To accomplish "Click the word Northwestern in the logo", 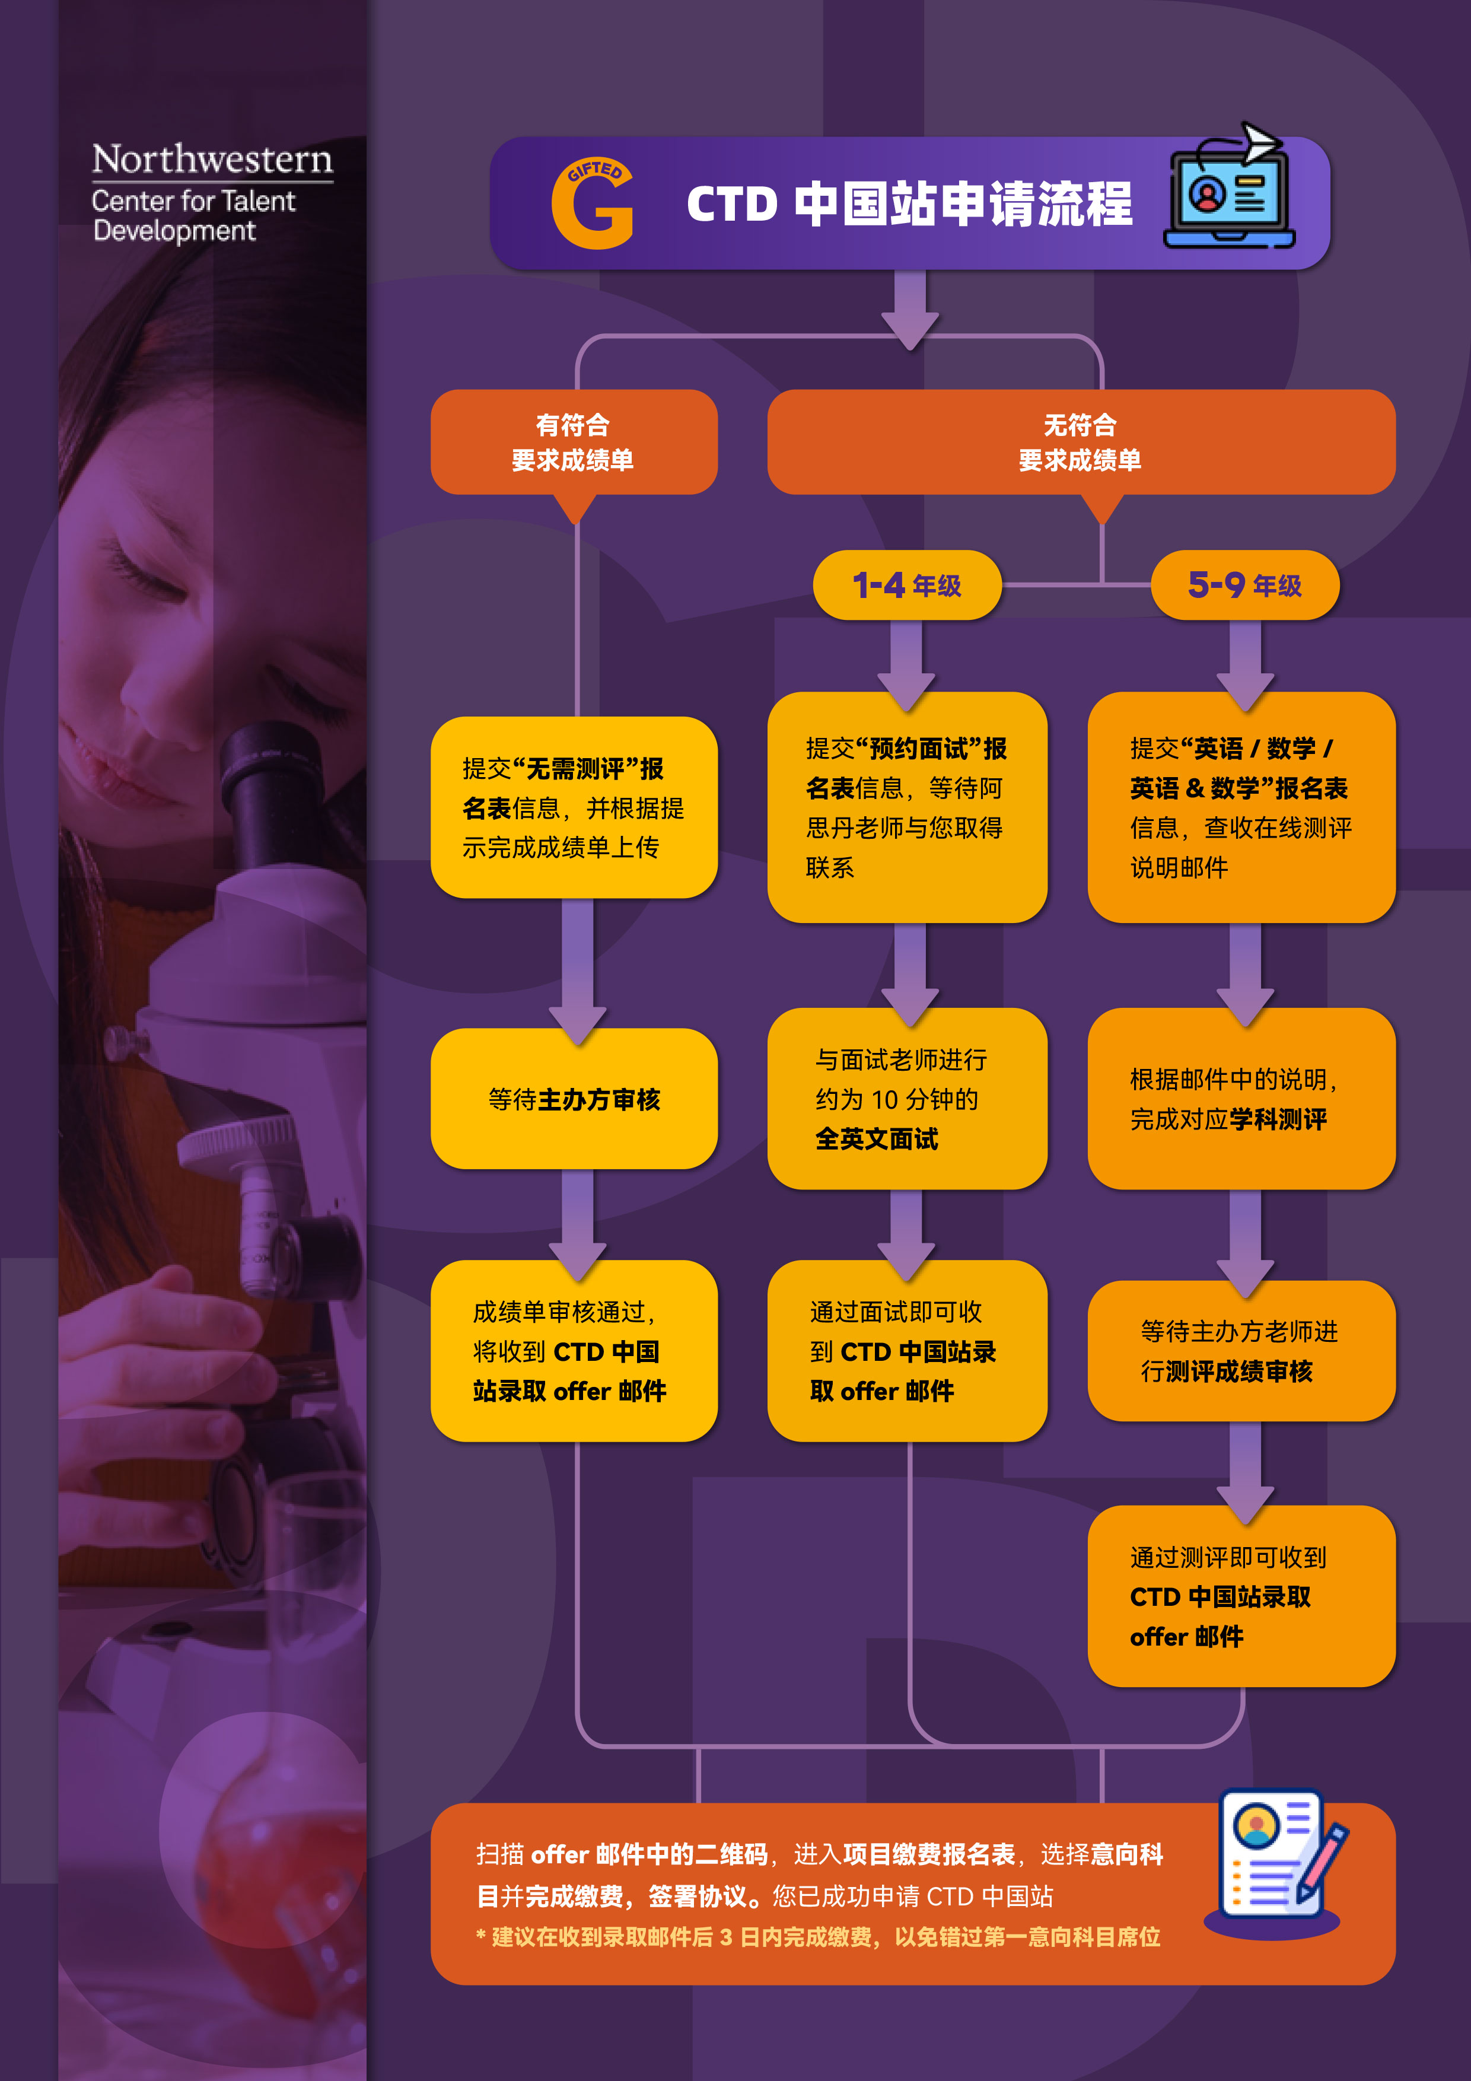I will click(x=212, y=160).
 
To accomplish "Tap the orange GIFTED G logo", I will click(x=593, y=204).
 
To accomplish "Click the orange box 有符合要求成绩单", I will click(x=574, y=443).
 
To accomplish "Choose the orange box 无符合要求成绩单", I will click(x=1080, y=443).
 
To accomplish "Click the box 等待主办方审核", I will click(x=574, y=1099).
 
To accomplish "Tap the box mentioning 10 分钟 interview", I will click(x=906, y=1099).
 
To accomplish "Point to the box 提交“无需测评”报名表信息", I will click(x=574, y=807).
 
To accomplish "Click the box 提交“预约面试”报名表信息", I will click(x=906, y=807).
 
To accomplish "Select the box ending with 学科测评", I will click(x=1241, y=1099).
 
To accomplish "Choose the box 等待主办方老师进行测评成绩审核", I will click(x=1241, y=1351).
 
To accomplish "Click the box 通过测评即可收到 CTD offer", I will click(x=1241, y=1596).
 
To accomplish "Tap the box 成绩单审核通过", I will click(x=574, y=1351).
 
